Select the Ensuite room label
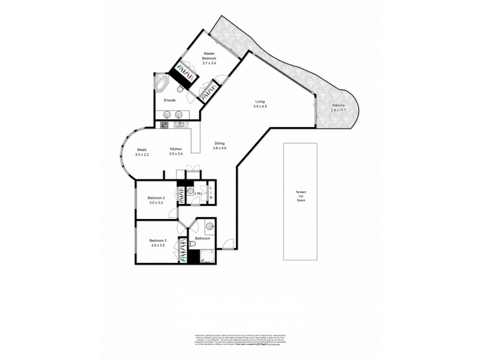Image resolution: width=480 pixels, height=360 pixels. pyautogui.click(x=169, y=101)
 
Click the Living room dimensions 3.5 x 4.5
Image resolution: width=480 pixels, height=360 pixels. pyautogui.click(x=260, y=106)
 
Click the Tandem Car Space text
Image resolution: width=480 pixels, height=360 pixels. pyautogui.click(x=301, y=196)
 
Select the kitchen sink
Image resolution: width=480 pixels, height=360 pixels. pyautogui.click(x=178, y=125)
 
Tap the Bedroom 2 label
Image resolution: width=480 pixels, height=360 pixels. pyautogui.click(x=157, y=198)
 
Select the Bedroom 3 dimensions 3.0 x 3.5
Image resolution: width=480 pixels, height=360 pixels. pyautogui.click(x=158, y=245)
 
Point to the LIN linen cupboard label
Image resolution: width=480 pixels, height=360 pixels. pyautogui.click(x=211, y=193)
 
